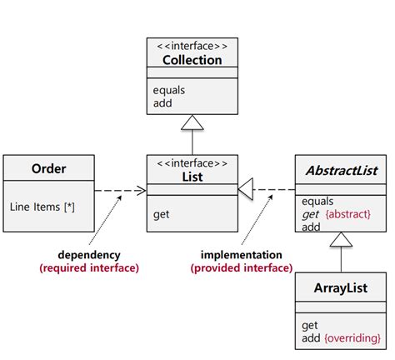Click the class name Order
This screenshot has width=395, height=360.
48,169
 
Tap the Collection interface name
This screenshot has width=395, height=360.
192,60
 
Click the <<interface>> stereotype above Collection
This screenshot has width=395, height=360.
192,47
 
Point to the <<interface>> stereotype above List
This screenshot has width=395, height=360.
192,163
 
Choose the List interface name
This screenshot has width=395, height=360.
192,177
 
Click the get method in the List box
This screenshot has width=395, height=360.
162,214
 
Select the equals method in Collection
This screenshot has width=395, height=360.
170,91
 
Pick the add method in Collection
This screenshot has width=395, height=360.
163,103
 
